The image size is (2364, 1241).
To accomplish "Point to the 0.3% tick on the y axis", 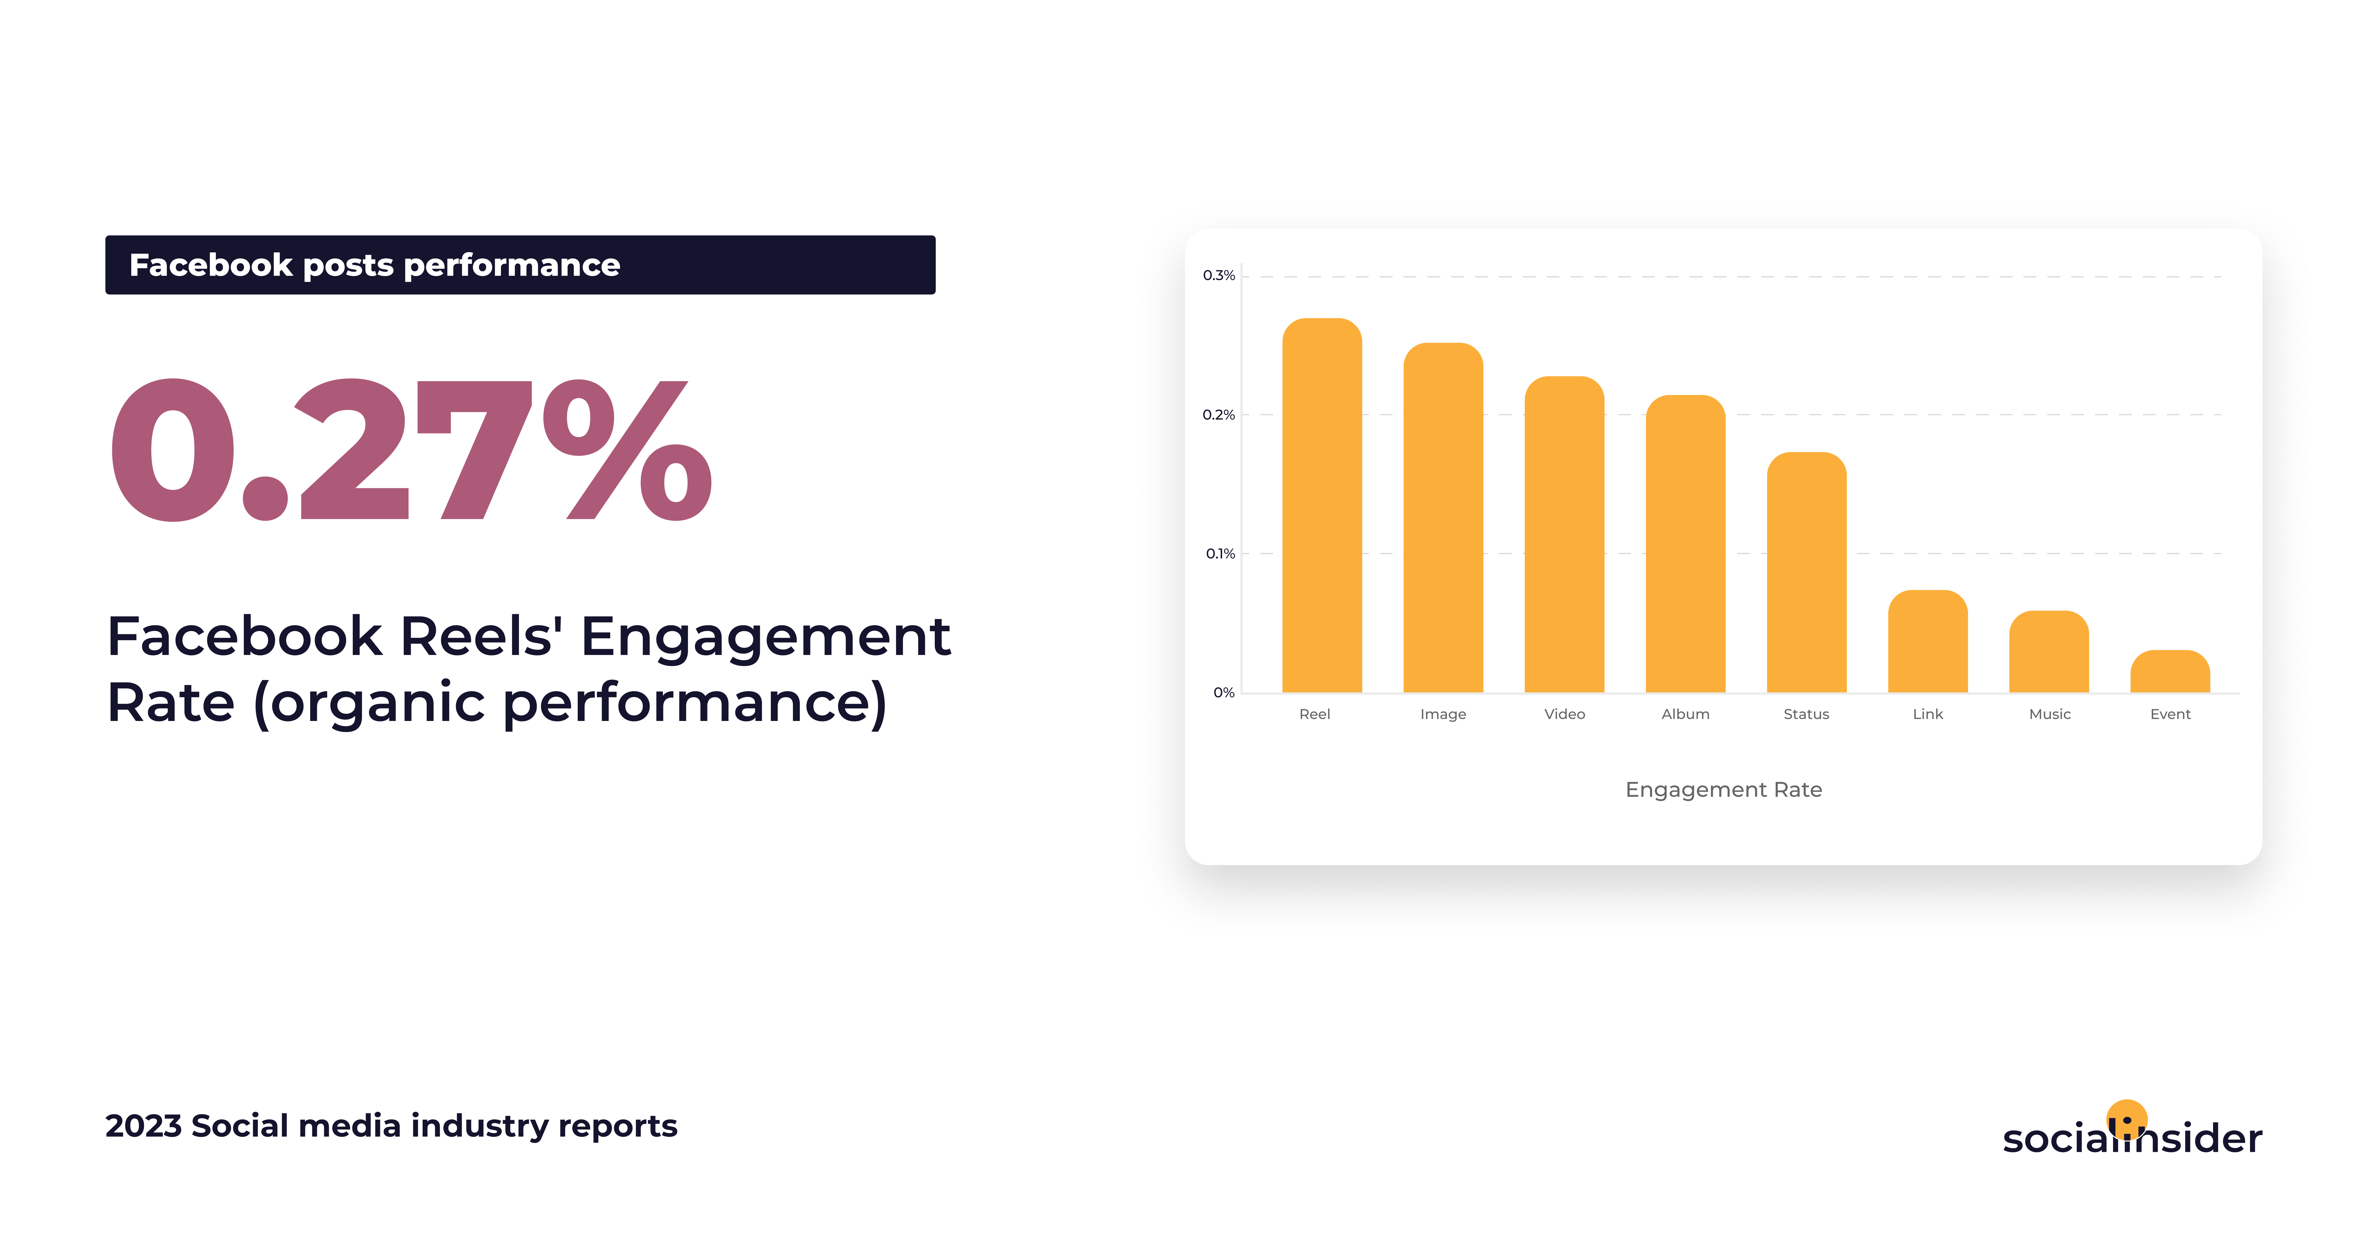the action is pos(1219,275).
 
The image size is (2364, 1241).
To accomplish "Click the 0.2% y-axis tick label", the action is pos(1219,415).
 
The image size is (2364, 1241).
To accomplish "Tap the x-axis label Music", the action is pos(2049,714).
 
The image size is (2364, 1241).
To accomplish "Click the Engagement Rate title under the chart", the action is pos(1724,790).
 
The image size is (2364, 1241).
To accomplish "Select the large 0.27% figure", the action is pos(410,450).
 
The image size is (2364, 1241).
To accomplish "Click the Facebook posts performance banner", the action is pos(520,264).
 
